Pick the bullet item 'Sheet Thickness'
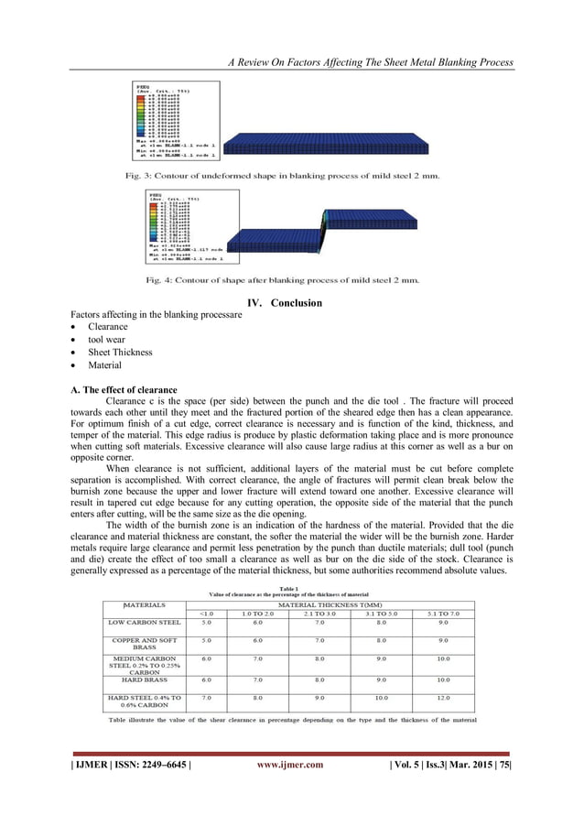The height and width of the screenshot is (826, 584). (x=121, y=352)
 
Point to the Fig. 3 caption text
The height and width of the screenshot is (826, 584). (x=287, y=174)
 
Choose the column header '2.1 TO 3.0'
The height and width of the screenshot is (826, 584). (x=319, y=614)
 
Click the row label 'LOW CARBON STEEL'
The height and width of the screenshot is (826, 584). (x=144, y=623)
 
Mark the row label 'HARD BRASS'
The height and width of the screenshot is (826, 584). (x=144, y=679)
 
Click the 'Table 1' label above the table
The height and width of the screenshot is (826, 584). (x=292, y=588)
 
